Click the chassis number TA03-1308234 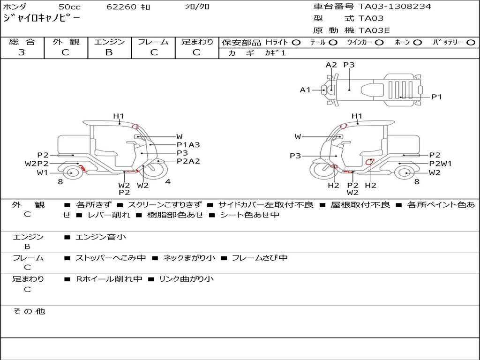click(395, 7)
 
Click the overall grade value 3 click(22, 52)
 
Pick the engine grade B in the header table click(109, 52)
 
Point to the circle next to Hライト click(296, 43)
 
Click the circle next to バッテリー click(471, 43)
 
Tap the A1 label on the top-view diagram click(305, 90)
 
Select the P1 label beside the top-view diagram click(437, 97)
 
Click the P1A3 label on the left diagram click(188, 145)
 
